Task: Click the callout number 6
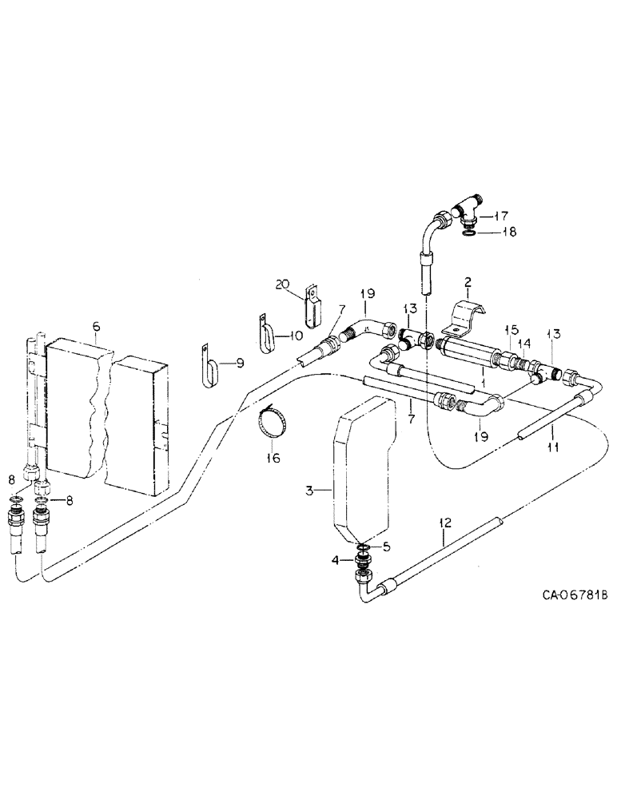96,326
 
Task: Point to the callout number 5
388,548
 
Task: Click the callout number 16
276,459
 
